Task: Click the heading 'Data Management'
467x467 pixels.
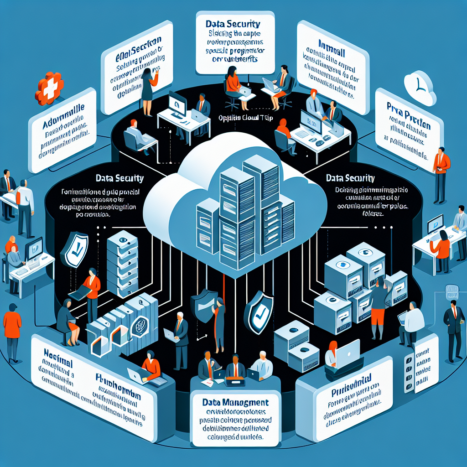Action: pyautogui.click(x=235, y=402)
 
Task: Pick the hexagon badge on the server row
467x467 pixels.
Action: pyautogui.click(x=139, y=326)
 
